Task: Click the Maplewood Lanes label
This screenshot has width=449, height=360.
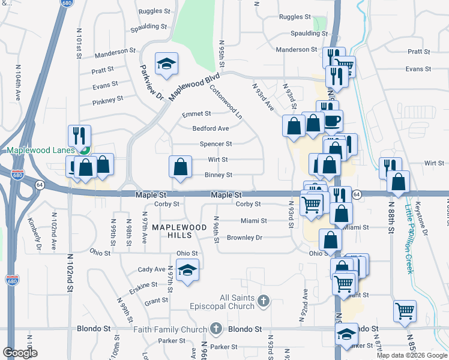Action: click(x=40, y=150)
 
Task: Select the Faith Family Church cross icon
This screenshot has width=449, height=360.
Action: click(x=216, y=329)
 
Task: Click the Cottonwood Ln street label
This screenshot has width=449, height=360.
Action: click(x=226, y=101)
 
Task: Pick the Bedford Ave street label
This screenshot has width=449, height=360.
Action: click(x=210, y=128)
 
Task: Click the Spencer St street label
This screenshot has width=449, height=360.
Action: click(x=215, y=144)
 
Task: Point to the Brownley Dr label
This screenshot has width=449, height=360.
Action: click(x=244, y=238)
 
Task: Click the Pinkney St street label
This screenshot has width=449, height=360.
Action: click(x=107, y=98)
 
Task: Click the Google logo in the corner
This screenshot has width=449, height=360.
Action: click(x=20, y=353)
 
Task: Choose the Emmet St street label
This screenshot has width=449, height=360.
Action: click(x=196, y=113)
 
